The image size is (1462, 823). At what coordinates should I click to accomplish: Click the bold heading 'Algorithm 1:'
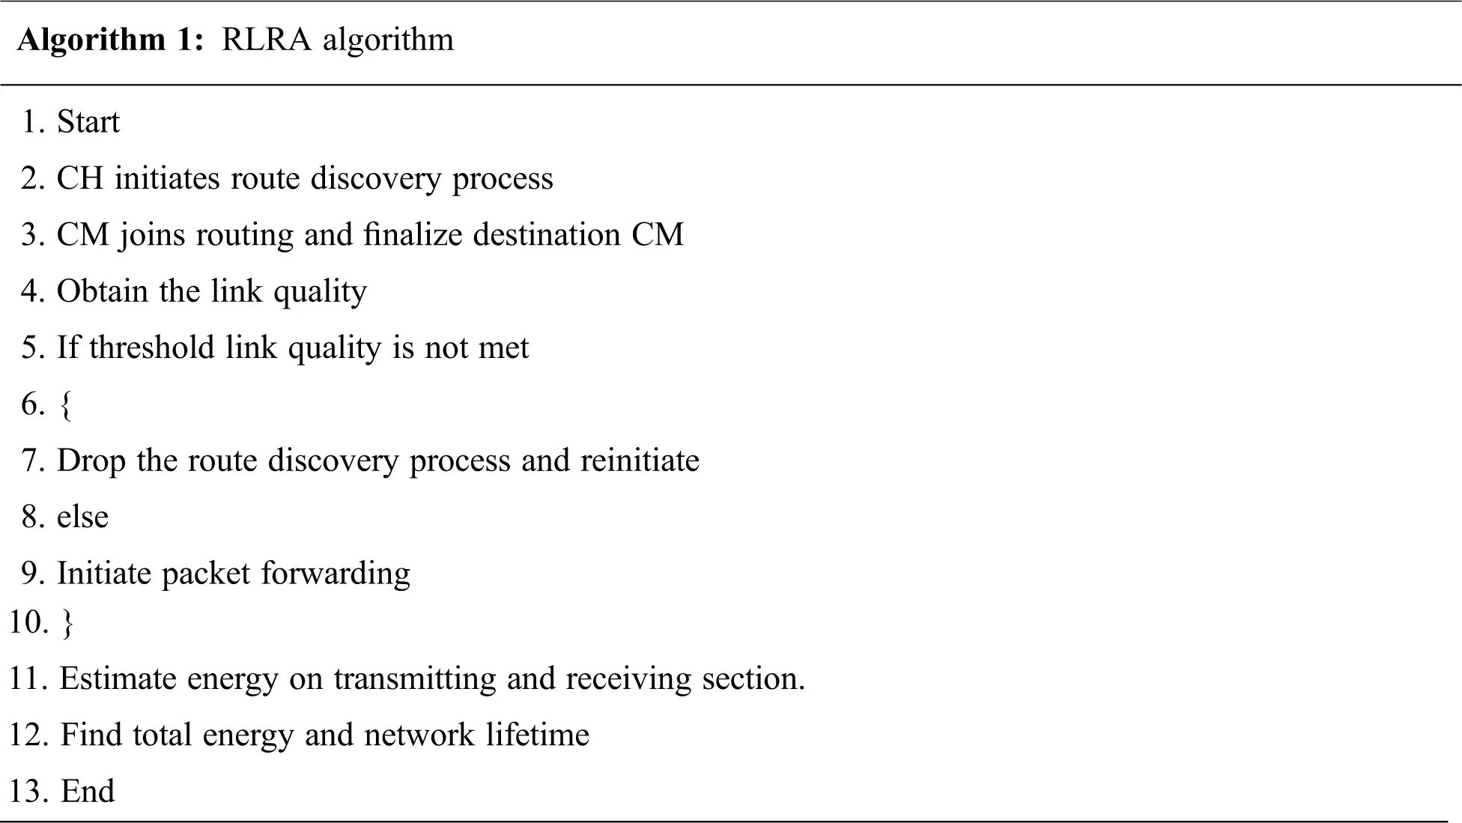[x=110, y=40]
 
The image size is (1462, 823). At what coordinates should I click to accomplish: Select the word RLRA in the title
[x=267, y=39]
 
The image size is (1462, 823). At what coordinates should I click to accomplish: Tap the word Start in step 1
[x=88, y=121]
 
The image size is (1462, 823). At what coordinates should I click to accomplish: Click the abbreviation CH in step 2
[x=80, y=178]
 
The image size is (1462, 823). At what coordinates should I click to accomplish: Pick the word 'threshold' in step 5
[x=152, y=347]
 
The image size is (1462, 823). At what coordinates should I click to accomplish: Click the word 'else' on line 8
[x=83, y=516]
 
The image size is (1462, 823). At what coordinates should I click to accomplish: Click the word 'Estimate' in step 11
[x=118, y=678]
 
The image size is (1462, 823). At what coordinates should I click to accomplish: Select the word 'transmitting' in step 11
[x=415, y=679]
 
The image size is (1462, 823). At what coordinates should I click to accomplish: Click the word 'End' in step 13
[x=88, y=791]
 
